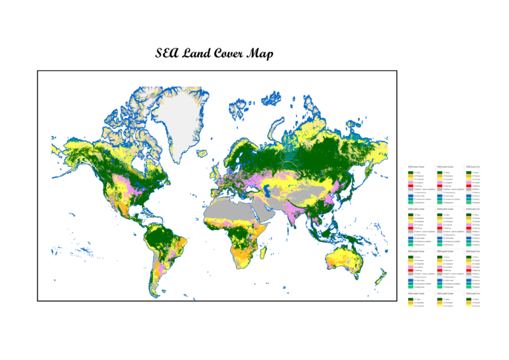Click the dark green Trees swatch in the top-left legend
click(410, 172)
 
